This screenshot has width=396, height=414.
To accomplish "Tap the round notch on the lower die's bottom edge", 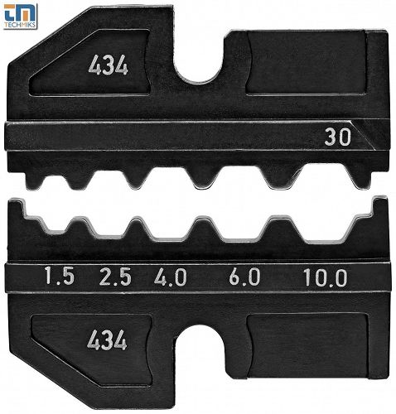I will pyautogui.click(x=199, y=356).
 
